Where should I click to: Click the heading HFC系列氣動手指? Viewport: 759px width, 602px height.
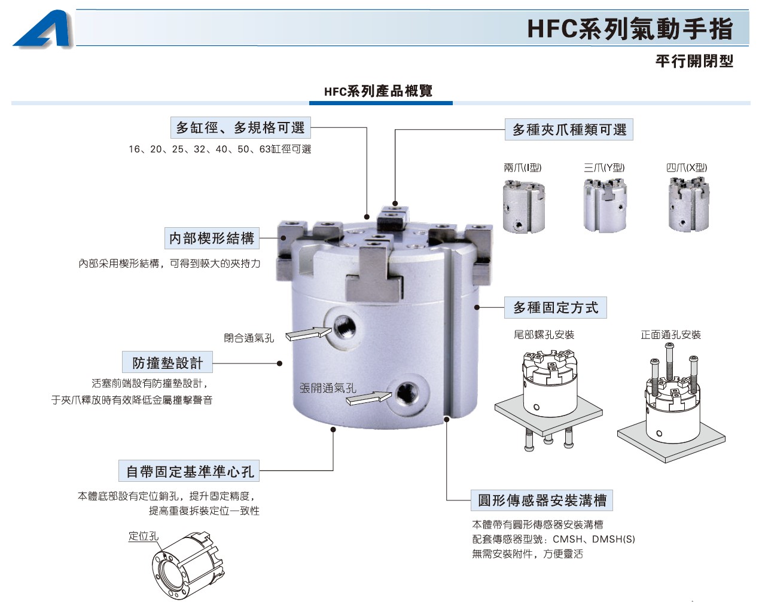pos(630,29)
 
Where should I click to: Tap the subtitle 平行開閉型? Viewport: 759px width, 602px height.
pos(694,61)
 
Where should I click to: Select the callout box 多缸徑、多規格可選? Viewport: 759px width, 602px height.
pos(240,128)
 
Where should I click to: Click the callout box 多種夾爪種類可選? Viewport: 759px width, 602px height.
pos(569,130)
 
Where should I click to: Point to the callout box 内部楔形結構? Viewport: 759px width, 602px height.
pos(212,239)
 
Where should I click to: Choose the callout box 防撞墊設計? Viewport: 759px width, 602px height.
pos(167,362)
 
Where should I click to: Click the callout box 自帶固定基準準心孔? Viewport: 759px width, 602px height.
pos(189,471)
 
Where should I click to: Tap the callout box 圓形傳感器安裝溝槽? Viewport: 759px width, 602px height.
pos(542,500)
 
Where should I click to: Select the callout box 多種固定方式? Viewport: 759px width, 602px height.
pos(556,308)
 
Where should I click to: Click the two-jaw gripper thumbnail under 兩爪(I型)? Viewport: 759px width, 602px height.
pos(524,206)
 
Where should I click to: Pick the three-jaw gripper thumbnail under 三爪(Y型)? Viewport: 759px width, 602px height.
pos(605,205)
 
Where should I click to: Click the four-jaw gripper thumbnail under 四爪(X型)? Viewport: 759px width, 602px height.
pos(688,204)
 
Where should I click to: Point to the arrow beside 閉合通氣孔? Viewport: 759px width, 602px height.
pos(308,333)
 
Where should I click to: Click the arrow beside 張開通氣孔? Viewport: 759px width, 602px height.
pos(368,399)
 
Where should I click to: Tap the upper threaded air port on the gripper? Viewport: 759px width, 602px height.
pos(345,327)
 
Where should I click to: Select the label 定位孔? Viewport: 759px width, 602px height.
pos(143,536)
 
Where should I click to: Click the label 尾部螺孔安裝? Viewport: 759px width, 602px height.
pos(544,335)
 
